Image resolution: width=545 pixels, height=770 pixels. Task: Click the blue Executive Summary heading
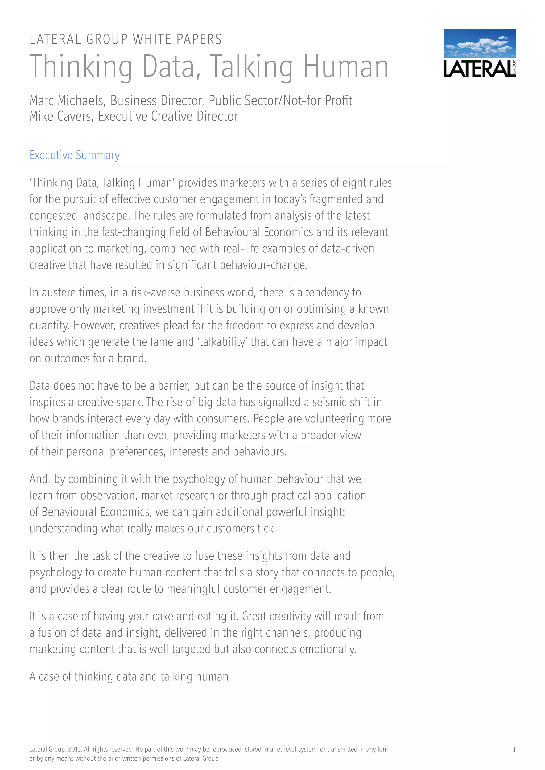pos(75,155)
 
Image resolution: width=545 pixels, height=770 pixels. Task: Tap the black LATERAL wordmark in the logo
pos(478,69)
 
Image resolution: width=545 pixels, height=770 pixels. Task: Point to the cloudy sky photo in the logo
pos(480,43)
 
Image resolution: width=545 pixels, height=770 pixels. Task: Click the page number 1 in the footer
pos(514,750)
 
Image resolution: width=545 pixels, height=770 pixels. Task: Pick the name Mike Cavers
pos(60,116)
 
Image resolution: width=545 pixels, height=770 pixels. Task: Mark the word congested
pos(53,216)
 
